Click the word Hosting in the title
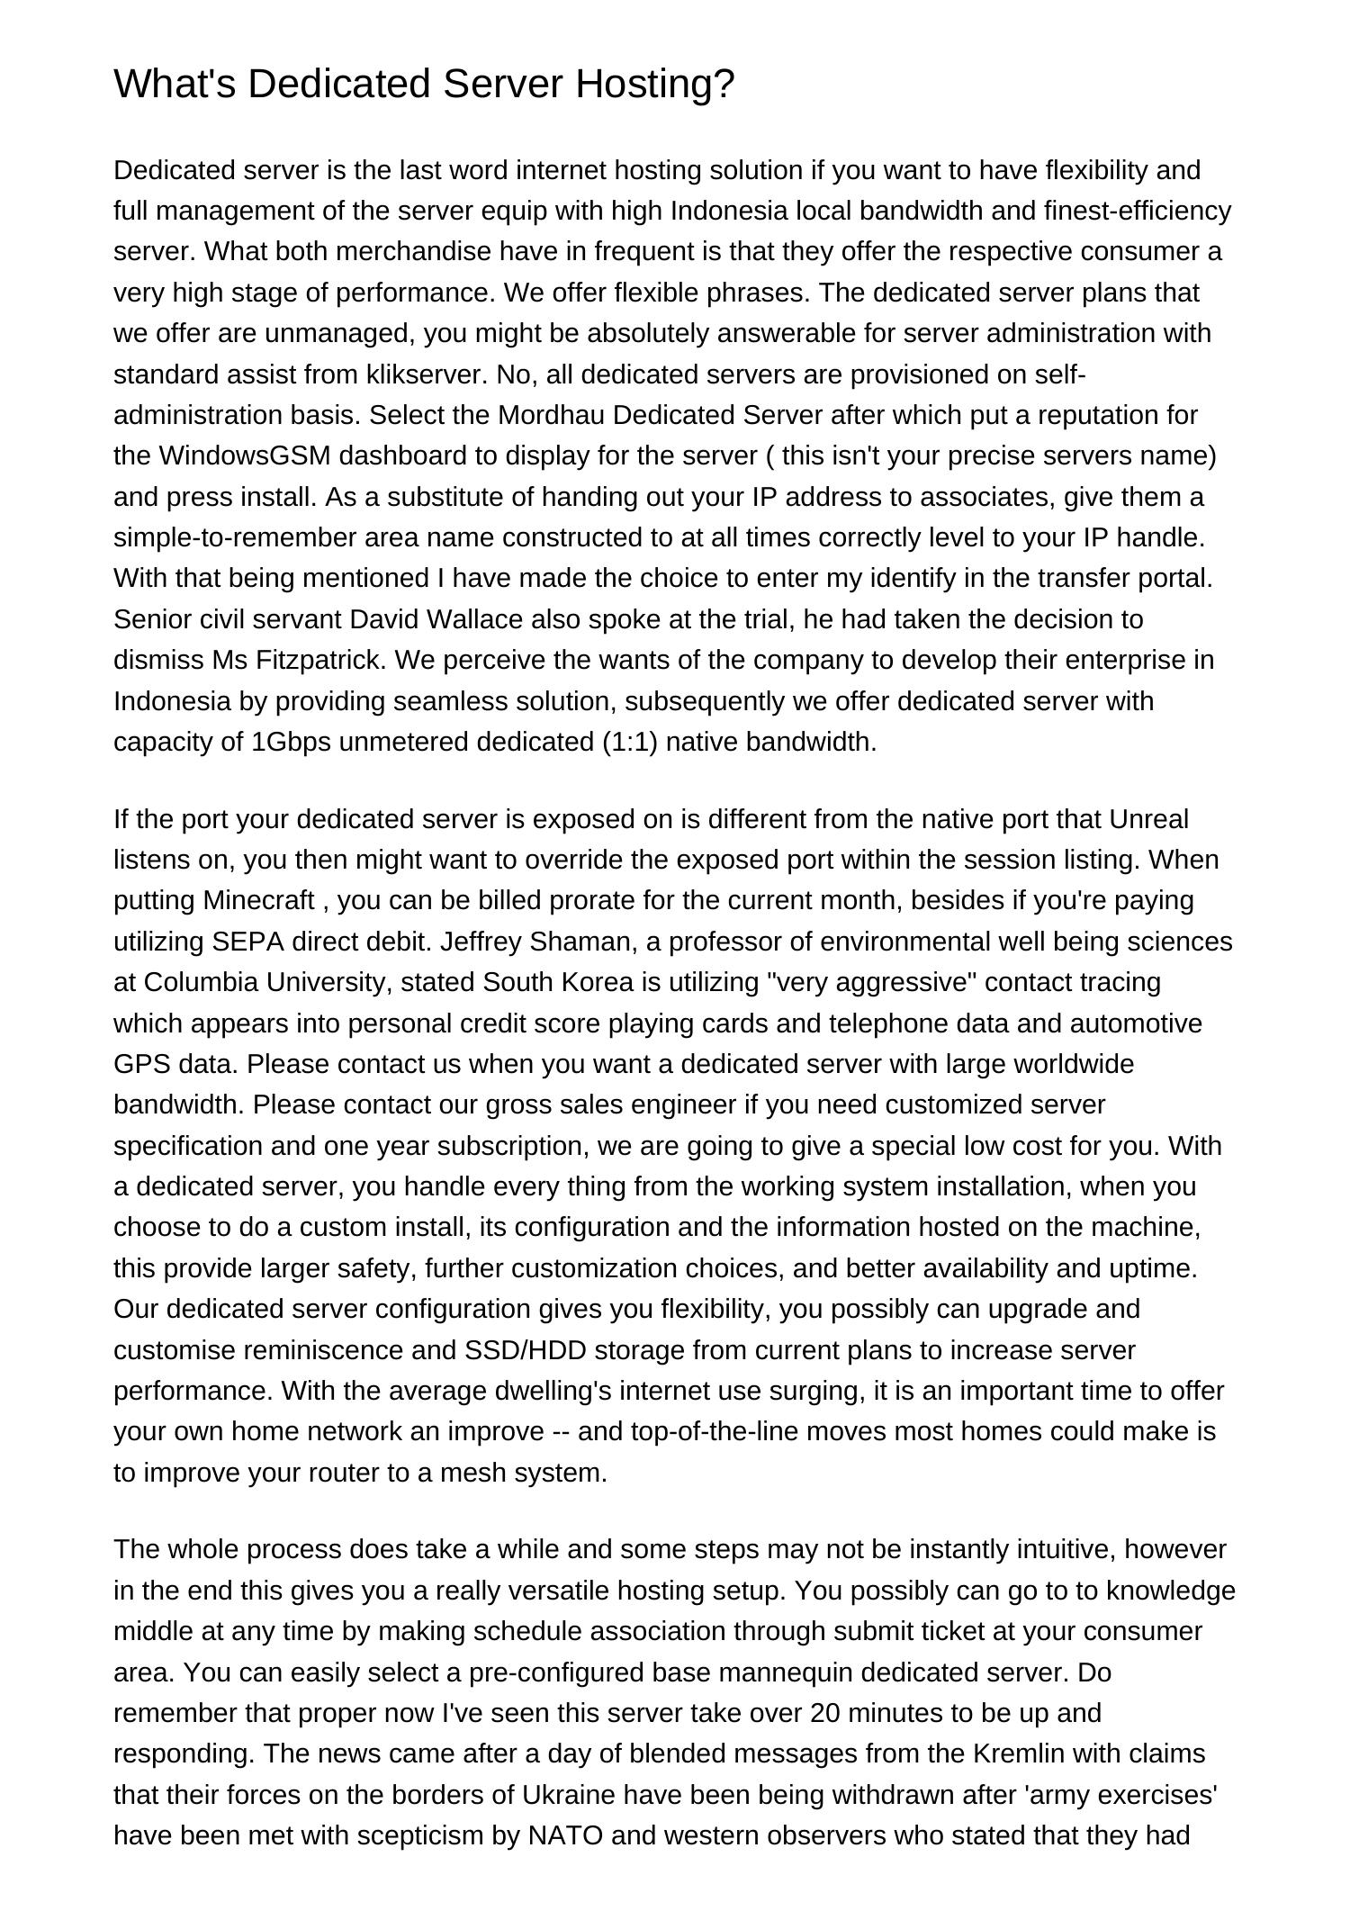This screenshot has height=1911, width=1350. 654,85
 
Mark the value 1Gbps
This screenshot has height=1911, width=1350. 292,742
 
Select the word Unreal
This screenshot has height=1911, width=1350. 1148,819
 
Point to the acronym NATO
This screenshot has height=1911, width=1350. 565,1835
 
